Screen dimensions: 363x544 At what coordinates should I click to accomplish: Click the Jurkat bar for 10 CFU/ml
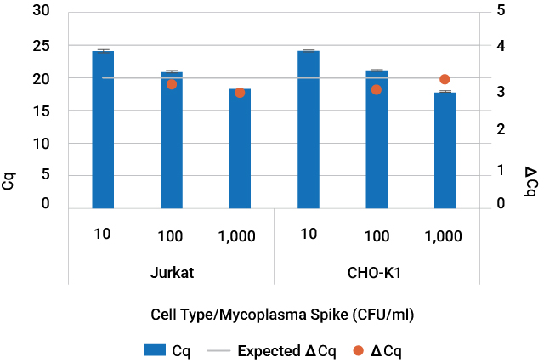pos(103,129)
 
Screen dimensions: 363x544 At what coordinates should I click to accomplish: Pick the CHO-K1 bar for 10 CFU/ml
pos(309,129)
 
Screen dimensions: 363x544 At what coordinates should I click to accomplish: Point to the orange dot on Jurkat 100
pos(172,84)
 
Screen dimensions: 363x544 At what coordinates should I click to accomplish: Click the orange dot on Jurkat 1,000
pos(240,93)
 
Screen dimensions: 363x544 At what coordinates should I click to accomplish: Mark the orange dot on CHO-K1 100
pos(377,89)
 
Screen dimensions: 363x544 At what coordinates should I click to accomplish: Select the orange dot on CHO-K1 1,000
pos(445,79)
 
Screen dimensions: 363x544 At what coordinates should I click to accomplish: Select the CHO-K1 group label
pos(377,275)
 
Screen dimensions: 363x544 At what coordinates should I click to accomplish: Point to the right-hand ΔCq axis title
pos(530,181)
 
